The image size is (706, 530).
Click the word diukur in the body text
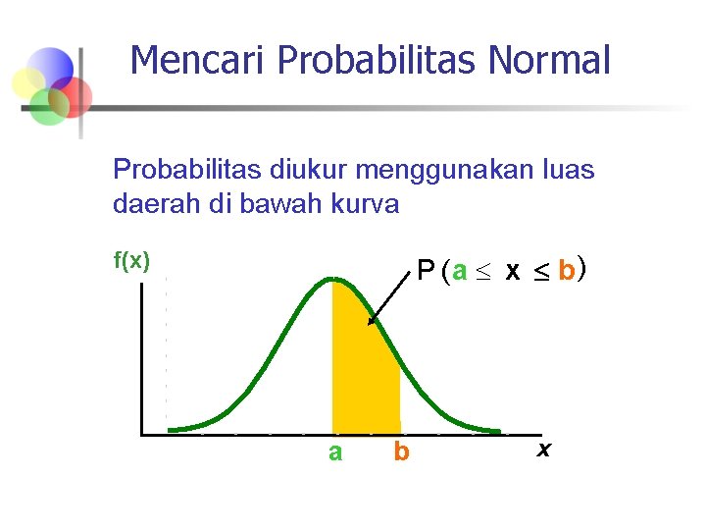coord(309,170)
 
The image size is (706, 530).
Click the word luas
coord(568,170)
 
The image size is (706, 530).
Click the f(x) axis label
coord(131,261)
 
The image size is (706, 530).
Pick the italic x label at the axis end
coord(544,450)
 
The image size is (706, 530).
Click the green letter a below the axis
coord(335,452)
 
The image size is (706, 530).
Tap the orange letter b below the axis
coord(400,452)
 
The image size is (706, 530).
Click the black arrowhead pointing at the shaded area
coord(371,318)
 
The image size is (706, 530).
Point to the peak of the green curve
coord(333,280)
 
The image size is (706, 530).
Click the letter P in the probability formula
coord(426,271)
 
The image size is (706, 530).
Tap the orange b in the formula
coord(566,271)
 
